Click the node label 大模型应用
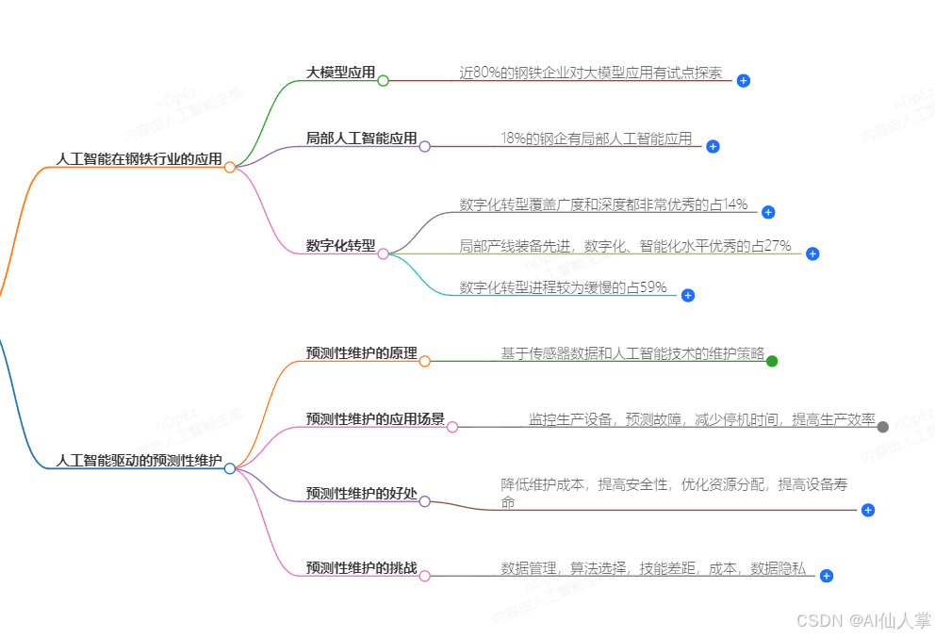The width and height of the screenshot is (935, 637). (x=340, y=73)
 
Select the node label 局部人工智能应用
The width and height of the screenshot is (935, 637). (x=361, y=139)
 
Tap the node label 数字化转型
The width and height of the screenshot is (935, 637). (x=340, y=246)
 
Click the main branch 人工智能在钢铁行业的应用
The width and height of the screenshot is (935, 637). (x=139, y=159)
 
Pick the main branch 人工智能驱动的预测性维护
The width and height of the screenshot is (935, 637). (x=139, y=461)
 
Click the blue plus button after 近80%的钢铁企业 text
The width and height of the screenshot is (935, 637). (x=744, y=81)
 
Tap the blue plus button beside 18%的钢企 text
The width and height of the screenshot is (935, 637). (x=713, y=146)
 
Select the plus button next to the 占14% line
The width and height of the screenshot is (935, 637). (x=768, y=212)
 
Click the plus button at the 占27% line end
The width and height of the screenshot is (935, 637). (x=812, y=253)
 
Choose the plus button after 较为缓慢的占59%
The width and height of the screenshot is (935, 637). (x=688, y=295)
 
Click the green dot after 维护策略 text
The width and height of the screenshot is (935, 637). (x=772, y=361)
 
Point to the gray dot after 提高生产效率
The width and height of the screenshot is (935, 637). (x=883, y=427)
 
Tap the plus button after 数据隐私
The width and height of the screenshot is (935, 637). (x=827, y=576)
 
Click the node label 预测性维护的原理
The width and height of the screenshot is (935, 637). (x=361, y=353)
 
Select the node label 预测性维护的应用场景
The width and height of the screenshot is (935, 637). (x=375, y=419)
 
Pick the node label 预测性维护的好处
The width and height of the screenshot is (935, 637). (x=361, y=493)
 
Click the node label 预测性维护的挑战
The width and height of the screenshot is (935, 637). (x=361, y=568)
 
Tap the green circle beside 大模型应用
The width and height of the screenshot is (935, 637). (x=383, y=81)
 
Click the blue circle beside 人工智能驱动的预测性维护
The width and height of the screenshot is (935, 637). (x=230, y=468)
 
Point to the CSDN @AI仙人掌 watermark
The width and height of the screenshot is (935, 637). (x=863, y=621)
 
